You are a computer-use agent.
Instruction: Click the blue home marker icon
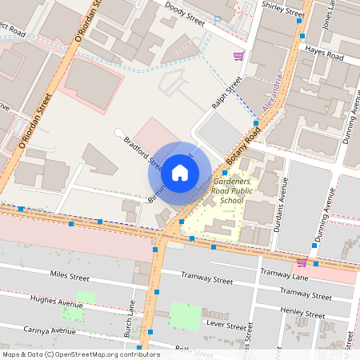coord(180,173)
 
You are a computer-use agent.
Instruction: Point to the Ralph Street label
coord(226,95)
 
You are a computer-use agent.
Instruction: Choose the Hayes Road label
coord(324,54)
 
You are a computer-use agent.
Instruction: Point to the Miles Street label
coord(70,276)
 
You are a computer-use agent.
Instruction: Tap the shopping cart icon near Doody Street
coord(238,56)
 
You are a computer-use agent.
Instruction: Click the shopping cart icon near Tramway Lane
coord(302,262)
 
